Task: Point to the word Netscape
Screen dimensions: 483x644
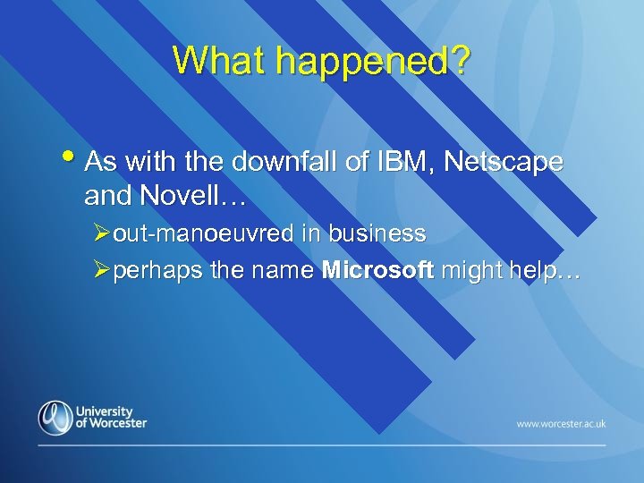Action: point(503,162)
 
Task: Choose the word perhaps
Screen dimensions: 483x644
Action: point(155,271)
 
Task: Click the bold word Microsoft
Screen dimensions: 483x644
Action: point(377,270)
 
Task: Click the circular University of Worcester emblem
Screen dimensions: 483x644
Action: point(55,417)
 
